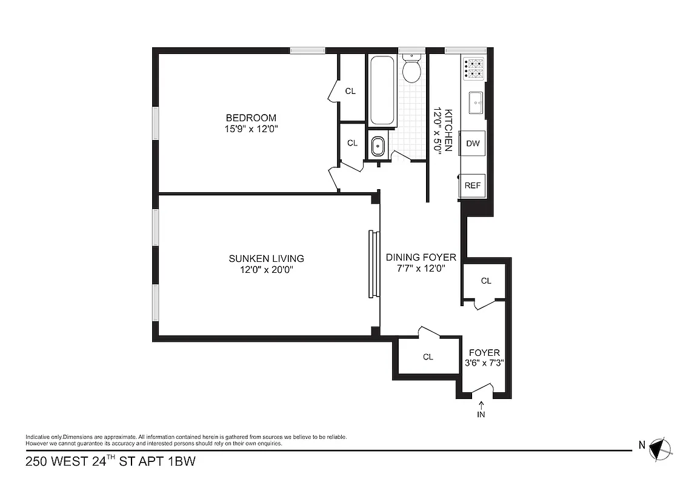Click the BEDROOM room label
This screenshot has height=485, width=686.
(x=251, y=118)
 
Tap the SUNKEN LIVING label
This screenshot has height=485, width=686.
(x=266, y=258)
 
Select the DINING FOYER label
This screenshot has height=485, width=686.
(x=421, y=257)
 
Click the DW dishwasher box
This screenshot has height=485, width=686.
(x=473, y=144)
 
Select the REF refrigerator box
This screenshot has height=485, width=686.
(x=473, y=186)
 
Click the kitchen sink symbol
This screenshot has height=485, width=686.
(x=476, y=102)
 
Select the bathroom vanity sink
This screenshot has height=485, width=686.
(x=378, y=145)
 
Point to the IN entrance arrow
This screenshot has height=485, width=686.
(x=482, y=410)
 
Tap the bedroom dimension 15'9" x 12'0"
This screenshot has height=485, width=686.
(x=251, y=129)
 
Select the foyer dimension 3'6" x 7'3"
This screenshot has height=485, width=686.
(x=484, y=363)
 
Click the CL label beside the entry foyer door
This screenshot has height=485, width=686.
(x=428, y=356)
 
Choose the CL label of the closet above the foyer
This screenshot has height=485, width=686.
(x=486, y=281)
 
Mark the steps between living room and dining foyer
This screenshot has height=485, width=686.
(x=373, y=264)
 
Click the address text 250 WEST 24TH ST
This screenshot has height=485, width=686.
(x=85, y=462)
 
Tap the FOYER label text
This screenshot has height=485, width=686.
(x=484, y=352)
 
